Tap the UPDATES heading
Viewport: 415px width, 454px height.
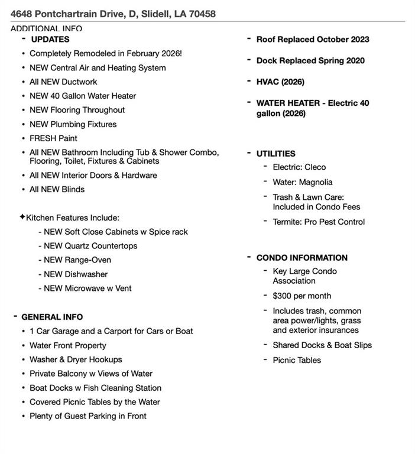50,40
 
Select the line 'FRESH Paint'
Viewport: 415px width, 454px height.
53,138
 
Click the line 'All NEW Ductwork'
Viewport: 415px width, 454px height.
63,82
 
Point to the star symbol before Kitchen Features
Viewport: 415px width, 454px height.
22,217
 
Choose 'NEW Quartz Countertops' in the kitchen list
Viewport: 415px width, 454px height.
90,246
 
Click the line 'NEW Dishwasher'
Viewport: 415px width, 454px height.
76,274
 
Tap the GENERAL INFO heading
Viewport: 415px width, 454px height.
52,317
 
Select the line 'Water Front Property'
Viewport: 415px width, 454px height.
68,345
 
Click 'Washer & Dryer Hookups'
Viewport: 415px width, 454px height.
76,359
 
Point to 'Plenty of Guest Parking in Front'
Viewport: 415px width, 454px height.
88,416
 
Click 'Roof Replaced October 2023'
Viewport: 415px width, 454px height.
313,40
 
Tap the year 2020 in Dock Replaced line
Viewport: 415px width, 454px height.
354,61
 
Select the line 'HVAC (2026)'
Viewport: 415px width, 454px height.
280,82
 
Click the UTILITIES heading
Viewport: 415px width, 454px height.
275,154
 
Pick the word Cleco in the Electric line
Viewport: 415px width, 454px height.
315,167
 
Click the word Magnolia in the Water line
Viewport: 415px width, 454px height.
316,183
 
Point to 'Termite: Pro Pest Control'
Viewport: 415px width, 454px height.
319,222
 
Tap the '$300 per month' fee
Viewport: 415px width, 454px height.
301,296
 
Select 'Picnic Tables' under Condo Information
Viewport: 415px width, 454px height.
297,361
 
